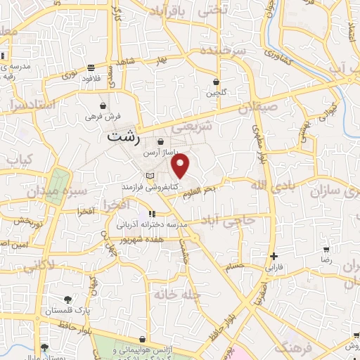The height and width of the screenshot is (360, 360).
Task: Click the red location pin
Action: pyautogui.click(x=181, y=166)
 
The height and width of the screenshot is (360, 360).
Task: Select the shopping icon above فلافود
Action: pyautogui.click(x=92, y=68)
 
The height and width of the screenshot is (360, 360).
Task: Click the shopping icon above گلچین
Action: pyautogui.click(x=215, y=82)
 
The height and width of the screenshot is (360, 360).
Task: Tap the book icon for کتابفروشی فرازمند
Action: pyautogui.click(x=148, y=176)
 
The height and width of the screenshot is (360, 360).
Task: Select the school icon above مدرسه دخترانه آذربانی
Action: pyautogui.click(x=151, y=214)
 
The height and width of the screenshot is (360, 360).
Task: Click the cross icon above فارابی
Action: pyautogui.click(x=274, y=257)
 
